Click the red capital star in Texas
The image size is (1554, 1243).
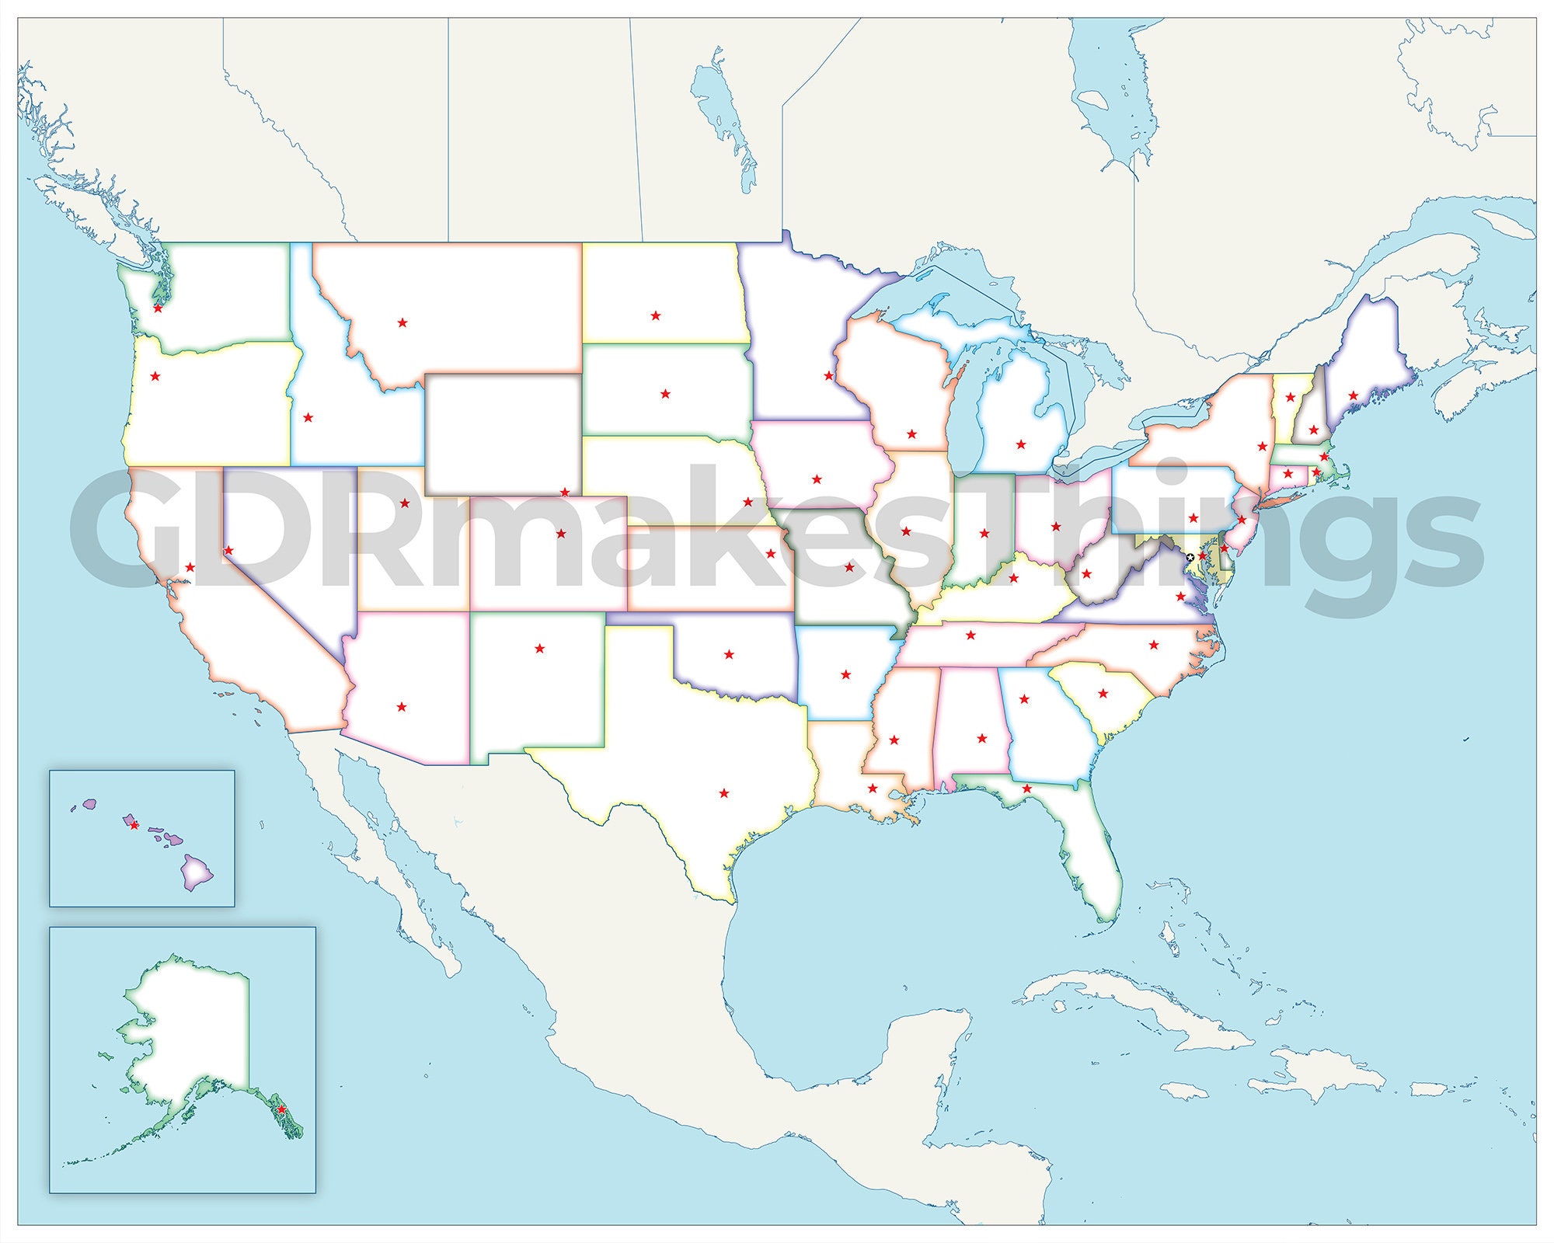point(724,793)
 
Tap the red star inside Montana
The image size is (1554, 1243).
point(402,322)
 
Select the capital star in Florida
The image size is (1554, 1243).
point(1026,789)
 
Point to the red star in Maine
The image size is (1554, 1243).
point(1353,395)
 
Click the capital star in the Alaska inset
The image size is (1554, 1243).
point(281,1109)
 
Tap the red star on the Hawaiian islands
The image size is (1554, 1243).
point(134,825)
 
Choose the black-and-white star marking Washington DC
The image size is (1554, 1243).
point(1190,558)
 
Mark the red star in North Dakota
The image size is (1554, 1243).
point(656,315)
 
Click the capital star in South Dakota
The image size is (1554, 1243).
point(665,394)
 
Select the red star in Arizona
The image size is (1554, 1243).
point(402,707)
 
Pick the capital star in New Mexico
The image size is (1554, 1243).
point(540,648)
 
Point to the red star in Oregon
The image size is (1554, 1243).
point(155,376)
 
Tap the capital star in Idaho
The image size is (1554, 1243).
point(308,417)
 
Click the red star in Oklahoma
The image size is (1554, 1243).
point(729,654)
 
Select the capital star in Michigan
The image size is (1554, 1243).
point(1021,444)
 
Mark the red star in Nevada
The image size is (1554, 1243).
point(228,551)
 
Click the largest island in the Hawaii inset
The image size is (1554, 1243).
point(197,873)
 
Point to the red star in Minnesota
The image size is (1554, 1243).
point(828,376)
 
